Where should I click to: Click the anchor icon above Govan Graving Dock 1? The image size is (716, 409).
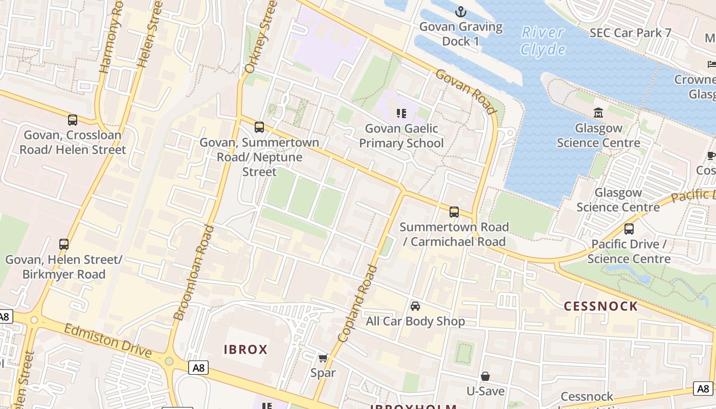point(461,12)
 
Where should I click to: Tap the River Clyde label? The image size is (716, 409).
point(543,41)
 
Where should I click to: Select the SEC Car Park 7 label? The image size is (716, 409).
point(630,33)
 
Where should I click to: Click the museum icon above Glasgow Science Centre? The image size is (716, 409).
point(598,112)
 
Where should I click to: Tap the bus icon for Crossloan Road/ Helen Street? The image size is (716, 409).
point(73,120)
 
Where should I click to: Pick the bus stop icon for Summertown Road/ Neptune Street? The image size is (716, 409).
point(259,127)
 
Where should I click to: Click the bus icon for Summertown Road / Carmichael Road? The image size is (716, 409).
point(454,212)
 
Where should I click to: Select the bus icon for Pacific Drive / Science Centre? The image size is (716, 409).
point(629,229)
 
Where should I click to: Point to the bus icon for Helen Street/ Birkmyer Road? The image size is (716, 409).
point(64,244)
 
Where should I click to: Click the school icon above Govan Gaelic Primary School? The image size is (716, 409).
point(401,113)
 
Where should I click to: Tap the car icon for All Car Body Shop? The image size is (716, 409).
point(415,306)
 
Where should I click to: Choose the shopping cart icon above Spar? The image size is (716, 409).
point(323,358)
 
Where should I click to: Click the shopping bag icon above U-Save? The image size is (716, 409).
point(485,376)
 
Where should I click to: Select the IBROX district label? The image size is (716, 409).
point(245,350)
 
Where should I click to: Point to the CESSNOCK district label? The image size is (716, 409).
point(600,306)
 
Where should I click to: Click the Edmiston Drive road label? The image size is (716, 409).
point(107,340)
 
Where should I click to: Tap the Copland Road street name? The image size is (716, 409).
point(357,304)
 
